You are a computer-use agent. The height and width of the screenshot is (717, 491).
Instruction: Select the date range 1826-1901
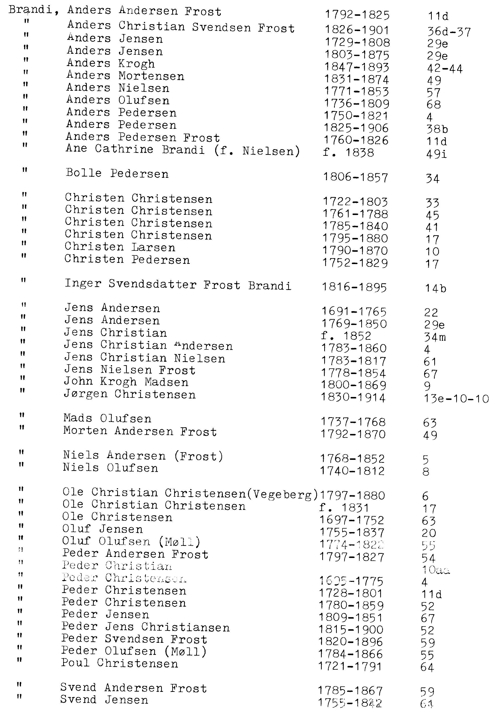[357, 30]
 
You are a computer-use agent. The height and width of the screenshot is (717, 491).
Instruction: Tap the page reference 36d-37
[449, 32]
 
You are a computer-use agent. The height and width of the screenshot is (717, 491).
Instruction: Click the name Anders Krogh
[111, 64]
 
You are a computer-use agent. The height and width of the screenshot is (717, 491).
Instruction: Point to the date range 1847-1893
[357, 67]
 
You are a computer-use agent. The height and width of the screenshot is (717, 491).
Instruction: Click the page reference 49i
[436, 154]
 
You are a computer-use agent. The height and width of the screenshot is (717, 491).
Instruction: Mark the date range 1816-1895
[354, 287]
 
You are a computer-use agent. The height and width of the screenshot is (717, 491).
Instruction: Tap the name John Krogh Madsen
[126, 382]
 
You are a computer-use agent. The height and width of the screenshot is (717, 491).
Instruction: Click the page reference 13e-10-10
[456, 399]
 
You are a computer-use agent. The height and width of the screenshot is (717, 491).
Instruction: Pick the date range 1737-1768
[353, 422]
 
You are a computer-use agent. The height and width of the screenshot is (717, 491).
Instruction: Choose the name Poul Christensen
[119, 663]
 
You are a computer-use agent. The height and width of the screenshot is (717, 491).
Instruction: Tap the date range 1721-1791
[350, 667]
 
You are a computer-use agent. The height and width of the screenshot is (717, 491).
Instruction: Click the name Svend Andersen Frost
[133, 688]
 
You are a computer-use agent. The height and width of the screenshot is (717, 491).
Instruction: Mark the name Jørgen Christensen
[130, 394]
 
